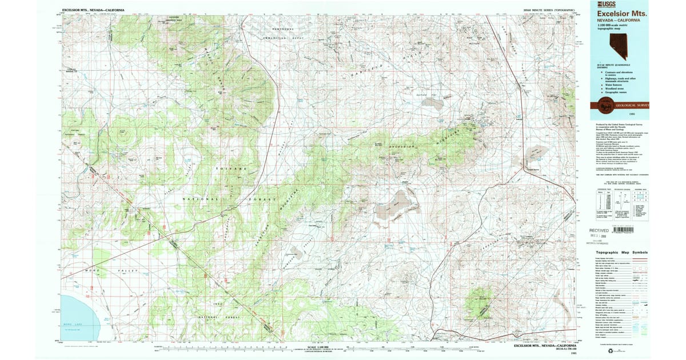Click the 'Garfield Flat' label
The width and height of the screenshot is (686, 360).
tap(422, 95)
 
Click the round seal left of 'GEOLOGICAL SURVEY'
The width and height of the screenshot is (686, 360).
tap(604, 105)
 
